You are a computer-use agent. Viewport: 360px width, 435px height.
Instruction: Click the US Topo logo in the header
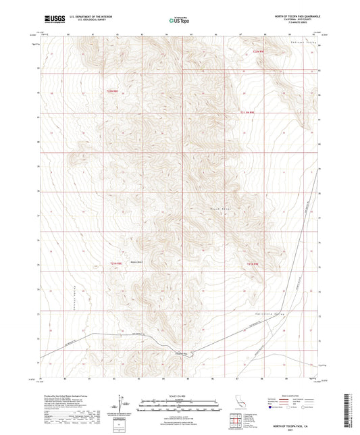178,20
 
